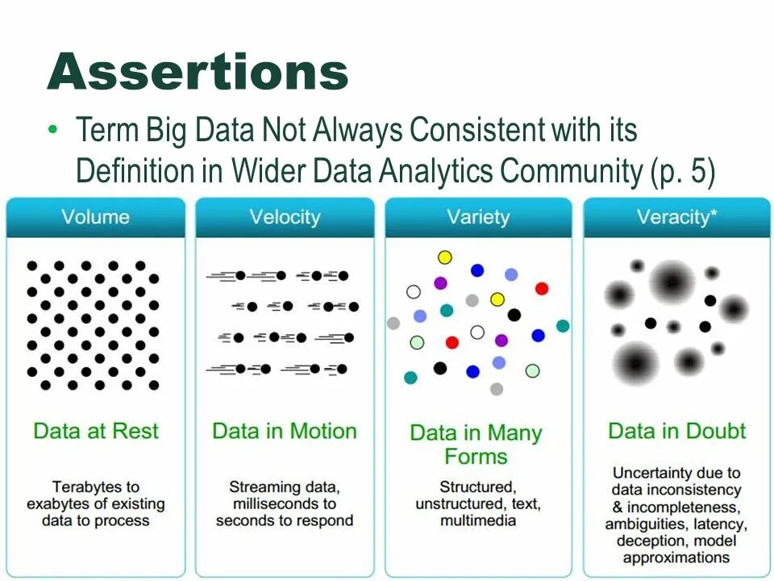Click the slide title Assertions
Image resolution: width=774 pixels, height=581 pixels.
coord(198,72)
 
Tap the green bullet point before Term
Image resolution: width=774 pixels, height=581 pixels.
coord(54,130)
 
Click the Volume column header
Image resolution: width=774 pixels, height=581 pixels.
coord(95,217)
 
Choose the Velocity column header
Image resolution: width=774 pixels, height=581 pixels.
coord(285,217)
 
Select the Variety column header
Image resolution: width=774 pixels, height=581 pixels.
coord(478,217)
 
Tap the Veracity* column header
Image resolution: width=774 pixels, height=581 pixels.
coord(676,217)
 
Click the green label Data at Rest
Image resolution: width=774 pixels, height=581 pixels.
coord(95,430)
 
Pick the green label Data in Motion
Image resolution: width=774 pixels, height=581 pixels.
coord(285,430)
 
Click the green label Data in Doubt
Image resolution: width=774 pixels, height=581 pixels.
coord(676,430)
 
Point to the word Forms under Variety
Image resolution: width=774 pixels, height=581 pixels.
coord(476,457)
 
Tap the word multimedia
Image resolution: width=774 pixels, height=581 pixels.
coord(478,521)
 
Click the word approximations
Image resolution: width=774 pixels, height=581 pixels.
coord(676,558)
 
